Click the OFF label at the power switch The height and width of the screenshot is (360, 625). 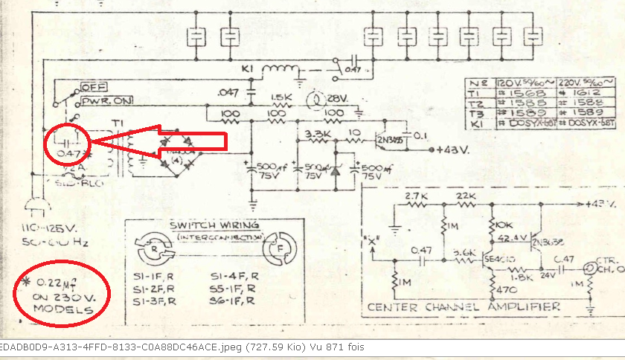pyautogui.click(x=95, y=87)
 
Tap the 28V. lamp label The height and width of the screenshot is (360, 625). pyautogui.click(x=337, y=99)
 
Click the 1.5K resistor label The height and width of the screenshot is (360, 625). pyautogui.click(x=281, y=97)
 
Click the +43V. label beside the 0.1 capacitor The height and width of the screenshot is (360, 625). pyautogui.click(x=454, y=147)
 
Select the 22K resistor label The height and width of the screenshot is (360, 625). pyautogui.click(x=466, y=196)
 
